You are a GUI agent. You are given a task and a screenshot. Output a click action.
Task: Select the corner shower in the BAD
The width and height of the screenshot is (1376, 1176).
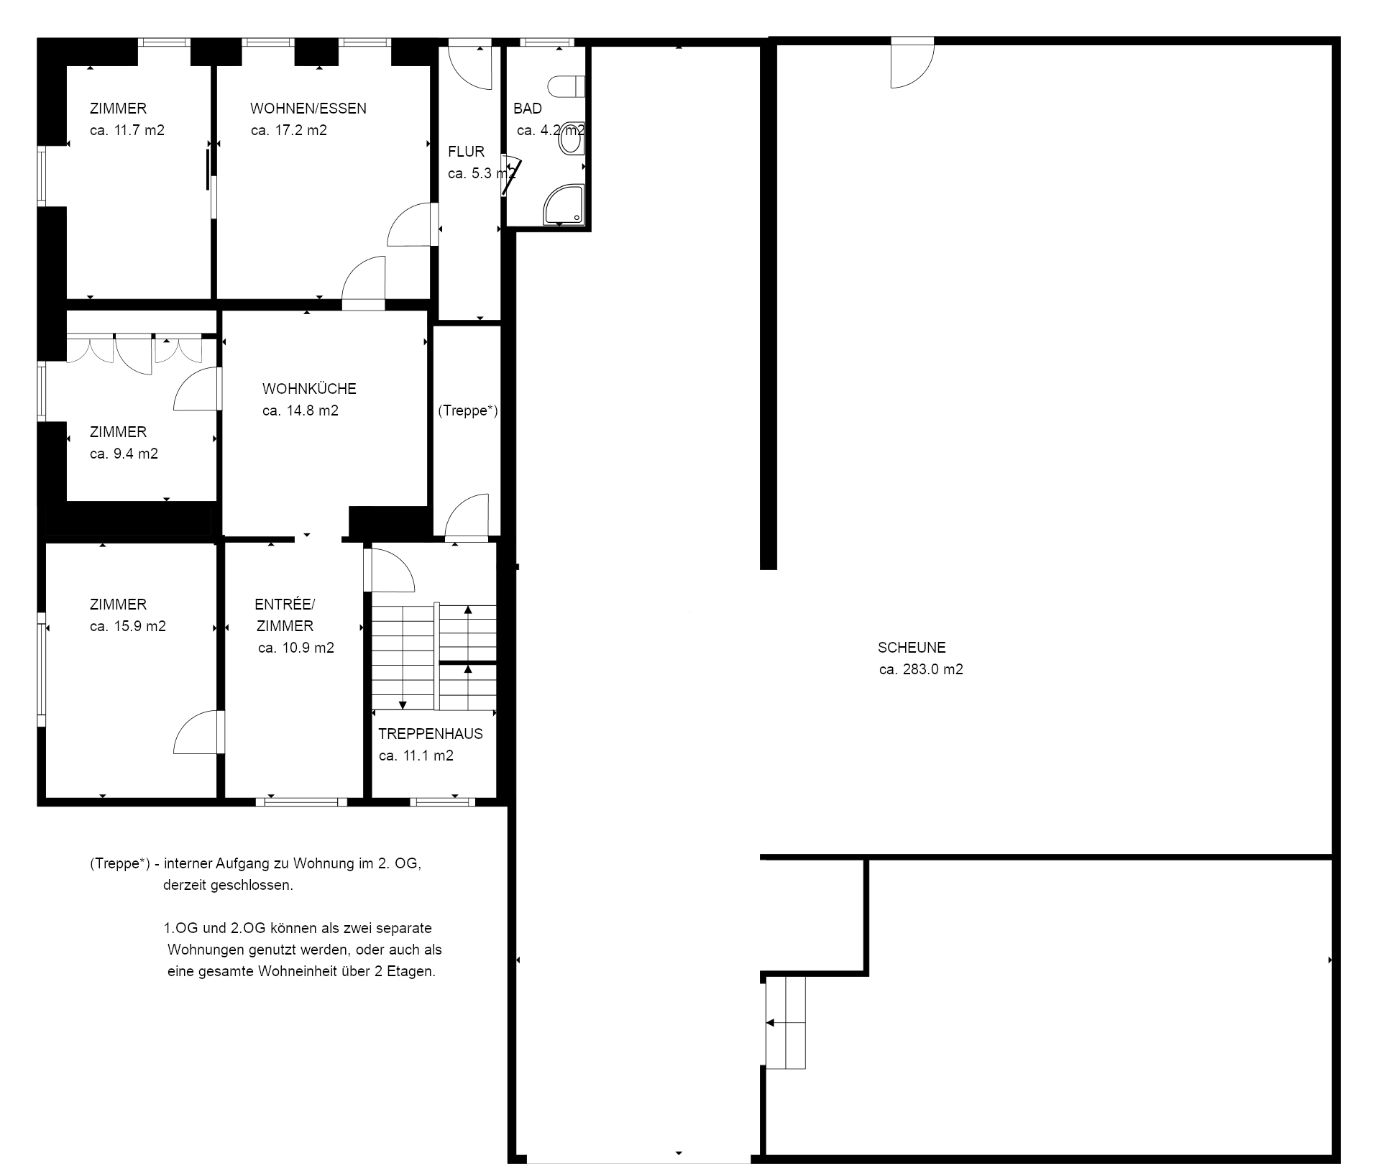click(564, 204)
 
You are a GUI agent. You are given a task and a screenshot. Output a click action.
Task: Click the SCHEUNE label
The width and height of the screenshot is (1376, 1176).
click(912, 648)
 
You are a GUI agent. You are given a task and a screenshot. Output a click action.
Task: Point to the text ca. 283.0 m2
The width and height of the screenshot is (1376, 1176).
click(921, 669)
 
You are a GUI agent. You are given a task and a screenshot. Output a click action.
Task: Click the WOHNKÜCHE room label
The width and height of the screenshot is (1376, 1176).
click(309, 389)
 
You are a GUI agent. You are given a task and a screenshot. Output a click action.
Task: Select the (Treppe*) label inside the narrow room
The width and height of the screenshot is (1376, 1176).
click(467, 410)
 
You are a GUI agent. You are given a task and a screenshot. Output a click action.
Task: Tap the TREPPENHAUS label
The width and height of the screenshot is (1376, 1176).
click(430, 734)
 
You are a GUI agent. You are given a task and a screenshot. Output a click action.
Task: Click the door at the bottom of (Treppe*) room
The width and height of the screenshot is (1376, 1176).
click(467, 516)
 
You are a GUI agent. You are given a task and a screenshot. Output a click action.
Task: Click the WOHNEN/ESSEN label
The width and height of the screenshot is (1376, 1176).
click(308, 109)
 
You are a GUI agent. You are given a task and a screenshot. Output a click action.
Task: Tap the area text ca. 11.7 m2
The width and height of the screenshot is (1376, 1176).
click(127, 130)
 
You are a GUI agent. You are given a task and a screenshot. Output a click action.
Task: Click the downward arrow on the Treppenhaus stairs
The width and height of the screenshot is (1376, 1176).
click(403, 704)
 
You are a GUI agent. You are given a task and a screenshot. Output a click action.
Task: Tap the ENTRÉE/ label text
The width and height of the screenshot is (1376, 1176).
click(285, 605)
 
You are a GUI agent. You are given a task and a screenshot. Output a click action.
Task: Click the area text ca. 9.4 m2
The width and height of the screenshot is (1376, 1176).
click(124, 454)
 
